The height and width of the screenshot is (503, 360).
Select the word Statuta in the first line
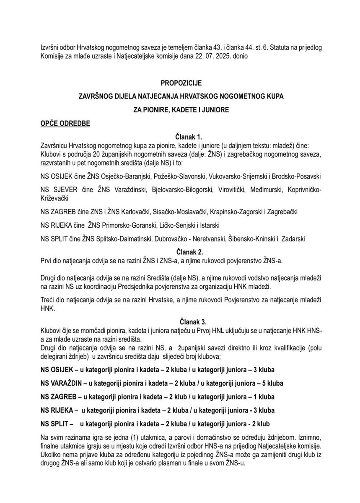click(249, 47)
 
